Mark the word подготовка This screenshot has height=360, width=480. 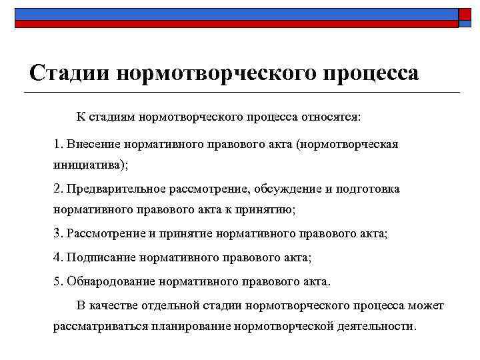click(x=369, y=189)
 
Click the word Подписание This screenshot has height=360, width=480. click(x=97, y=257)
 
